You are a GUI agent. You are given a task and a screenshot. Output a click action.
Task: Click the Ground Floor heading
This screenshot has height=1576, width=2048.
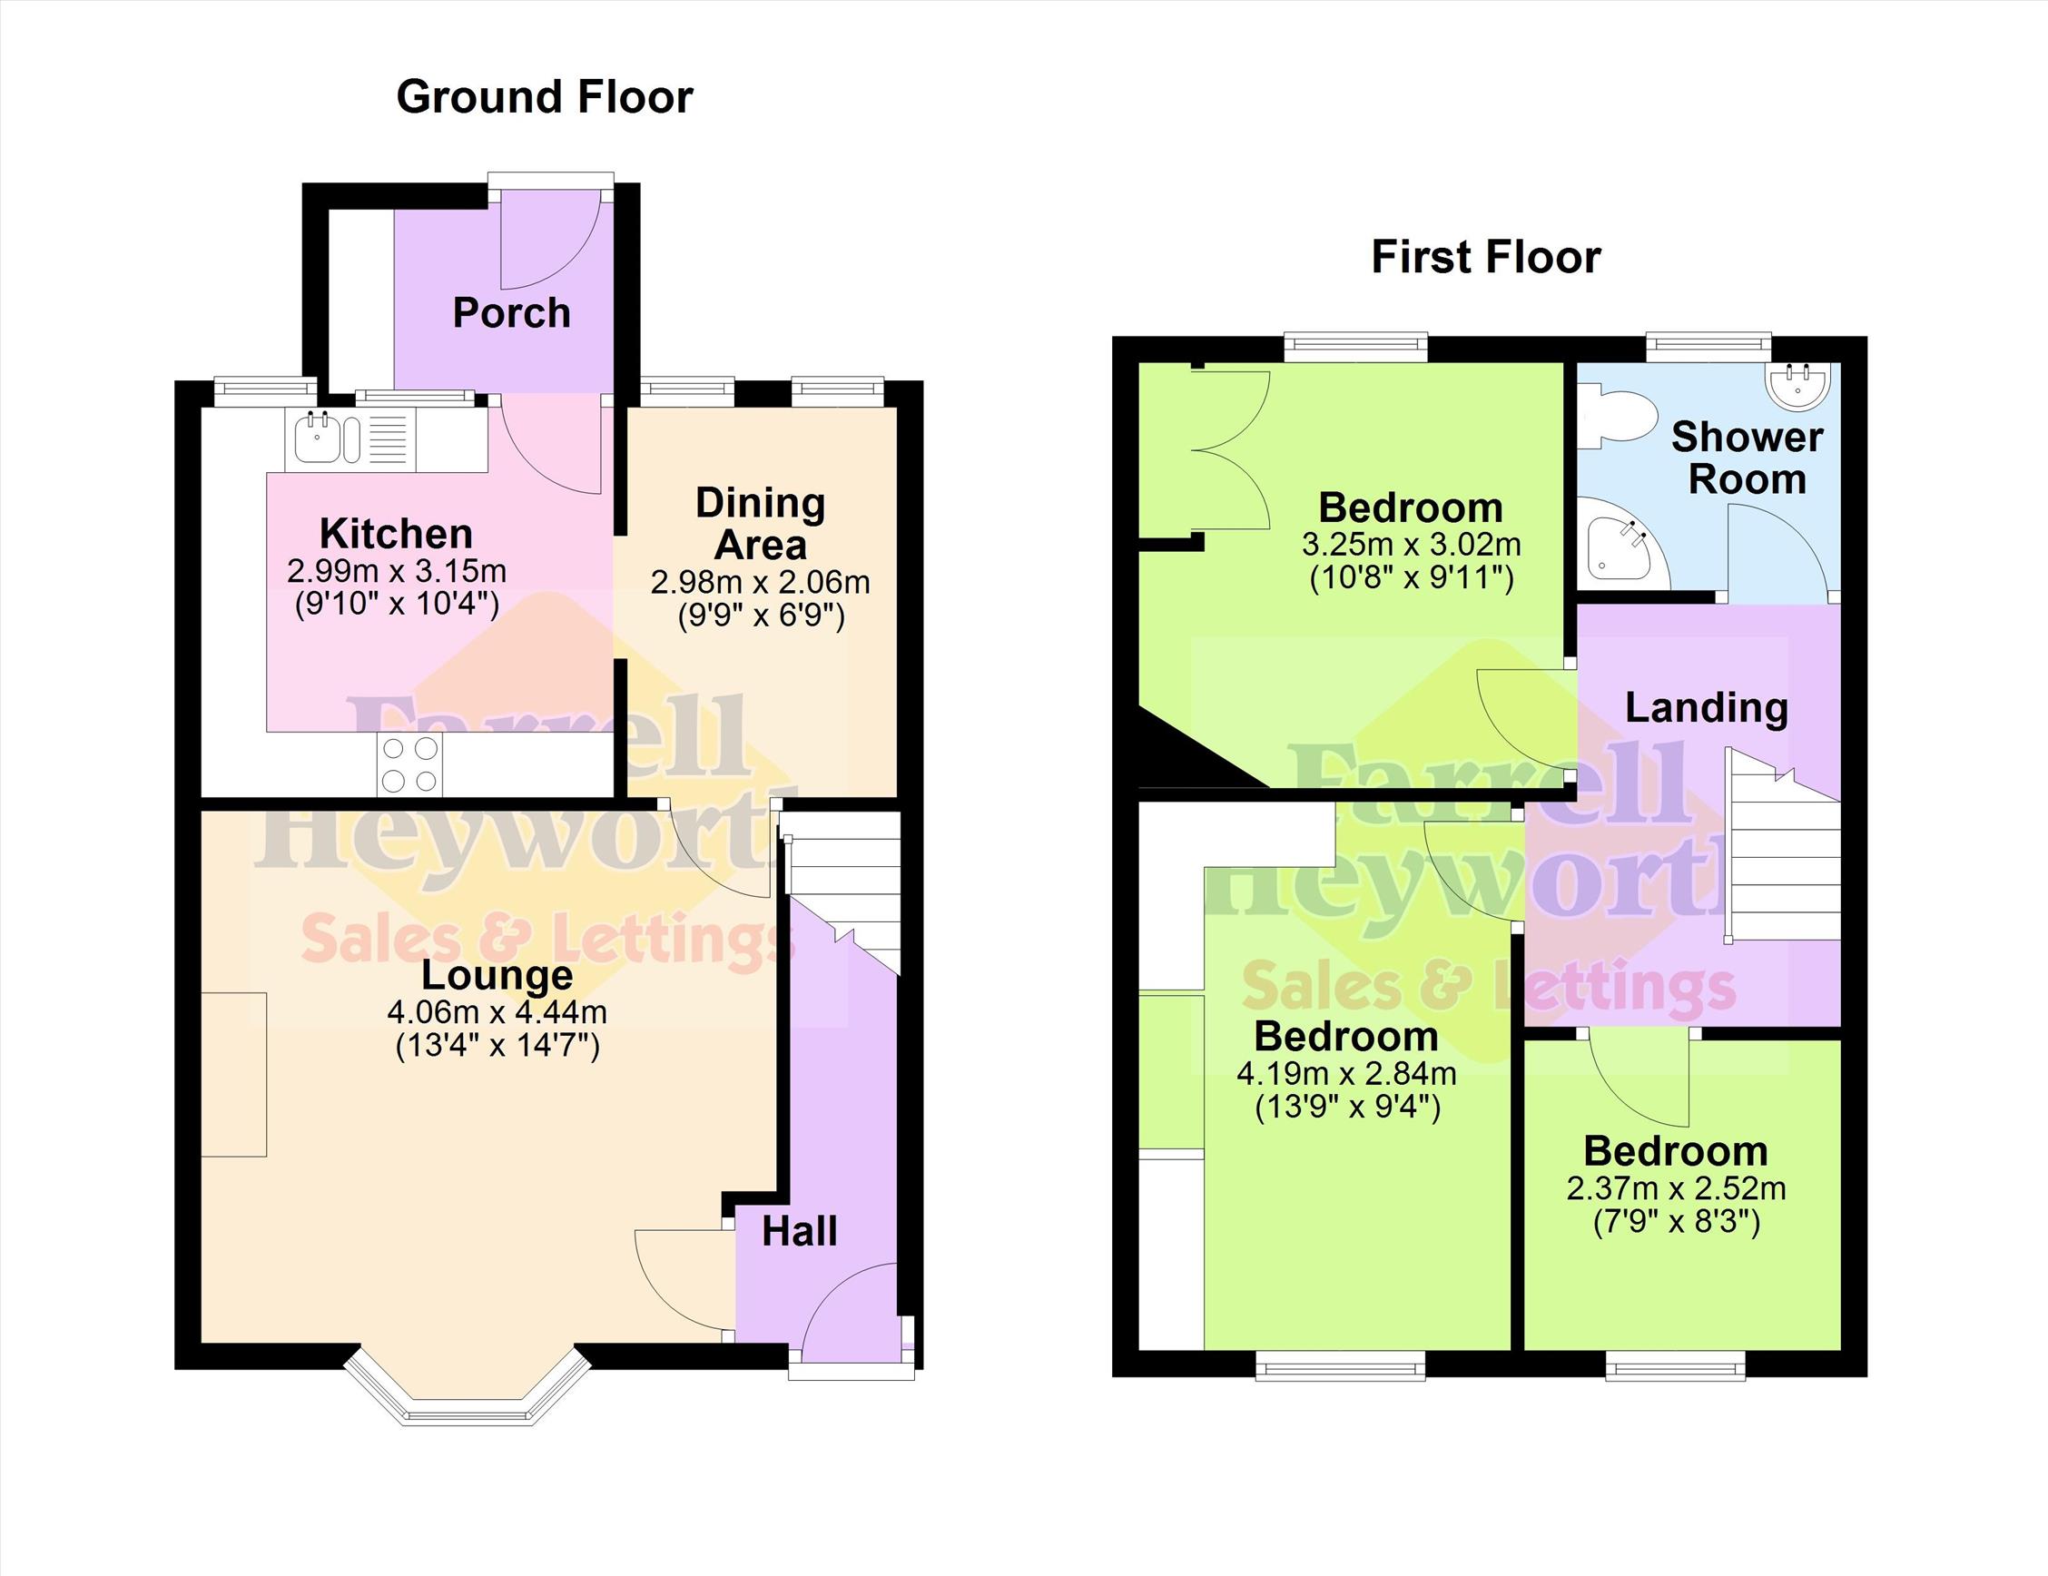tap(544, 97)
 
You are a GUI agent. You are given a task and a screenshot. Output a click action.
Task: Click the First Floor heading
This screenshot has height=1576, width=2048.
tap(1486, 258)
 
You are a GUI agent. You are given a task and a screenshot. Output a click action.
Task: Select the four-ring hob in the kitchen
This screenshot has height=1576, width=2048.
tap(409, 765)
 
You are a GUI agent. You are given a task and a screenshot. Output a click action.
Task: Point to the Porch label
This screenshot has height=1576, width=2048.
tap(511, 313)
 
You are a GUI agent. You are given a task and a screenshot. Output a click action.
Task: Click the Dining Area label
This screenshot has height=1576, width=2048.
tap(761, 524)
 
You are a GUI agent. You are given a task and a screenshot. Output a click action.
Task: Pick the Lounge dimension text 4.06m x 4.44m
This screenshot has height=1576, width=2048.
tap(497, 1012)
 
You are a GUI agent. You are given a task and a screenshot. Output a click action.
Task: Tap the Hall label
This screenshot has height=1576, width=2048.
tap(799, 1232)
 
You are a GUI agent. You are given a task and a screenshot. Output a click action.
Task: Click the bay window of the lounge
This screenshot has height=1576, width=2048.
tap(468, 1389)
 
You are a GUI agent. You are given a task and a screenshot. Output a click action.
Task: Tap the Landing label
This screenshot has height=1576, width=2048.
tap(1706, 708)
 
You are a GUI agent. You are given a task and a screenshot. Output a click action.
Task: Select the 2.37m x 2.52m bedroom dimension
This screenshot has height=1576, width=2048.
tap(1676, 1188)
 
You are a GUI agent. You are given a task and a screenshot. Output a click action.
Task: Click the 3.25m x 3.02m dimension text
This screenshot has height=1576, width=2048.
tap(1412, 545)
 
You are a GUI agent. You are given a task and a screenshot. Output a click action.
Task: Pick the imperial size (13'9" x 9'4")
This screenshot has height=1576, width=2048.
tap(1346, 1108)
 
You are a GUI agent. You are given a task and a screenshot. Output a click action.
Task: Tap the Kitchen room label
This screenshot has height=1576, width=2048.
tap(396, 534)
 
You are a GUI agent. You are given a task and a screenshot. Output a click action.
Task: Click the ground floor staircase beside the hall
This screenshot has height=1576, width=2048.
tap(842, 891)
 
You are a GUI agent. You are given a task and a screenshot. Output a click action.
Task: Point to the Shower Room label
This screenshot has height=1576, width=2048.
tap(1747, 458)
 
